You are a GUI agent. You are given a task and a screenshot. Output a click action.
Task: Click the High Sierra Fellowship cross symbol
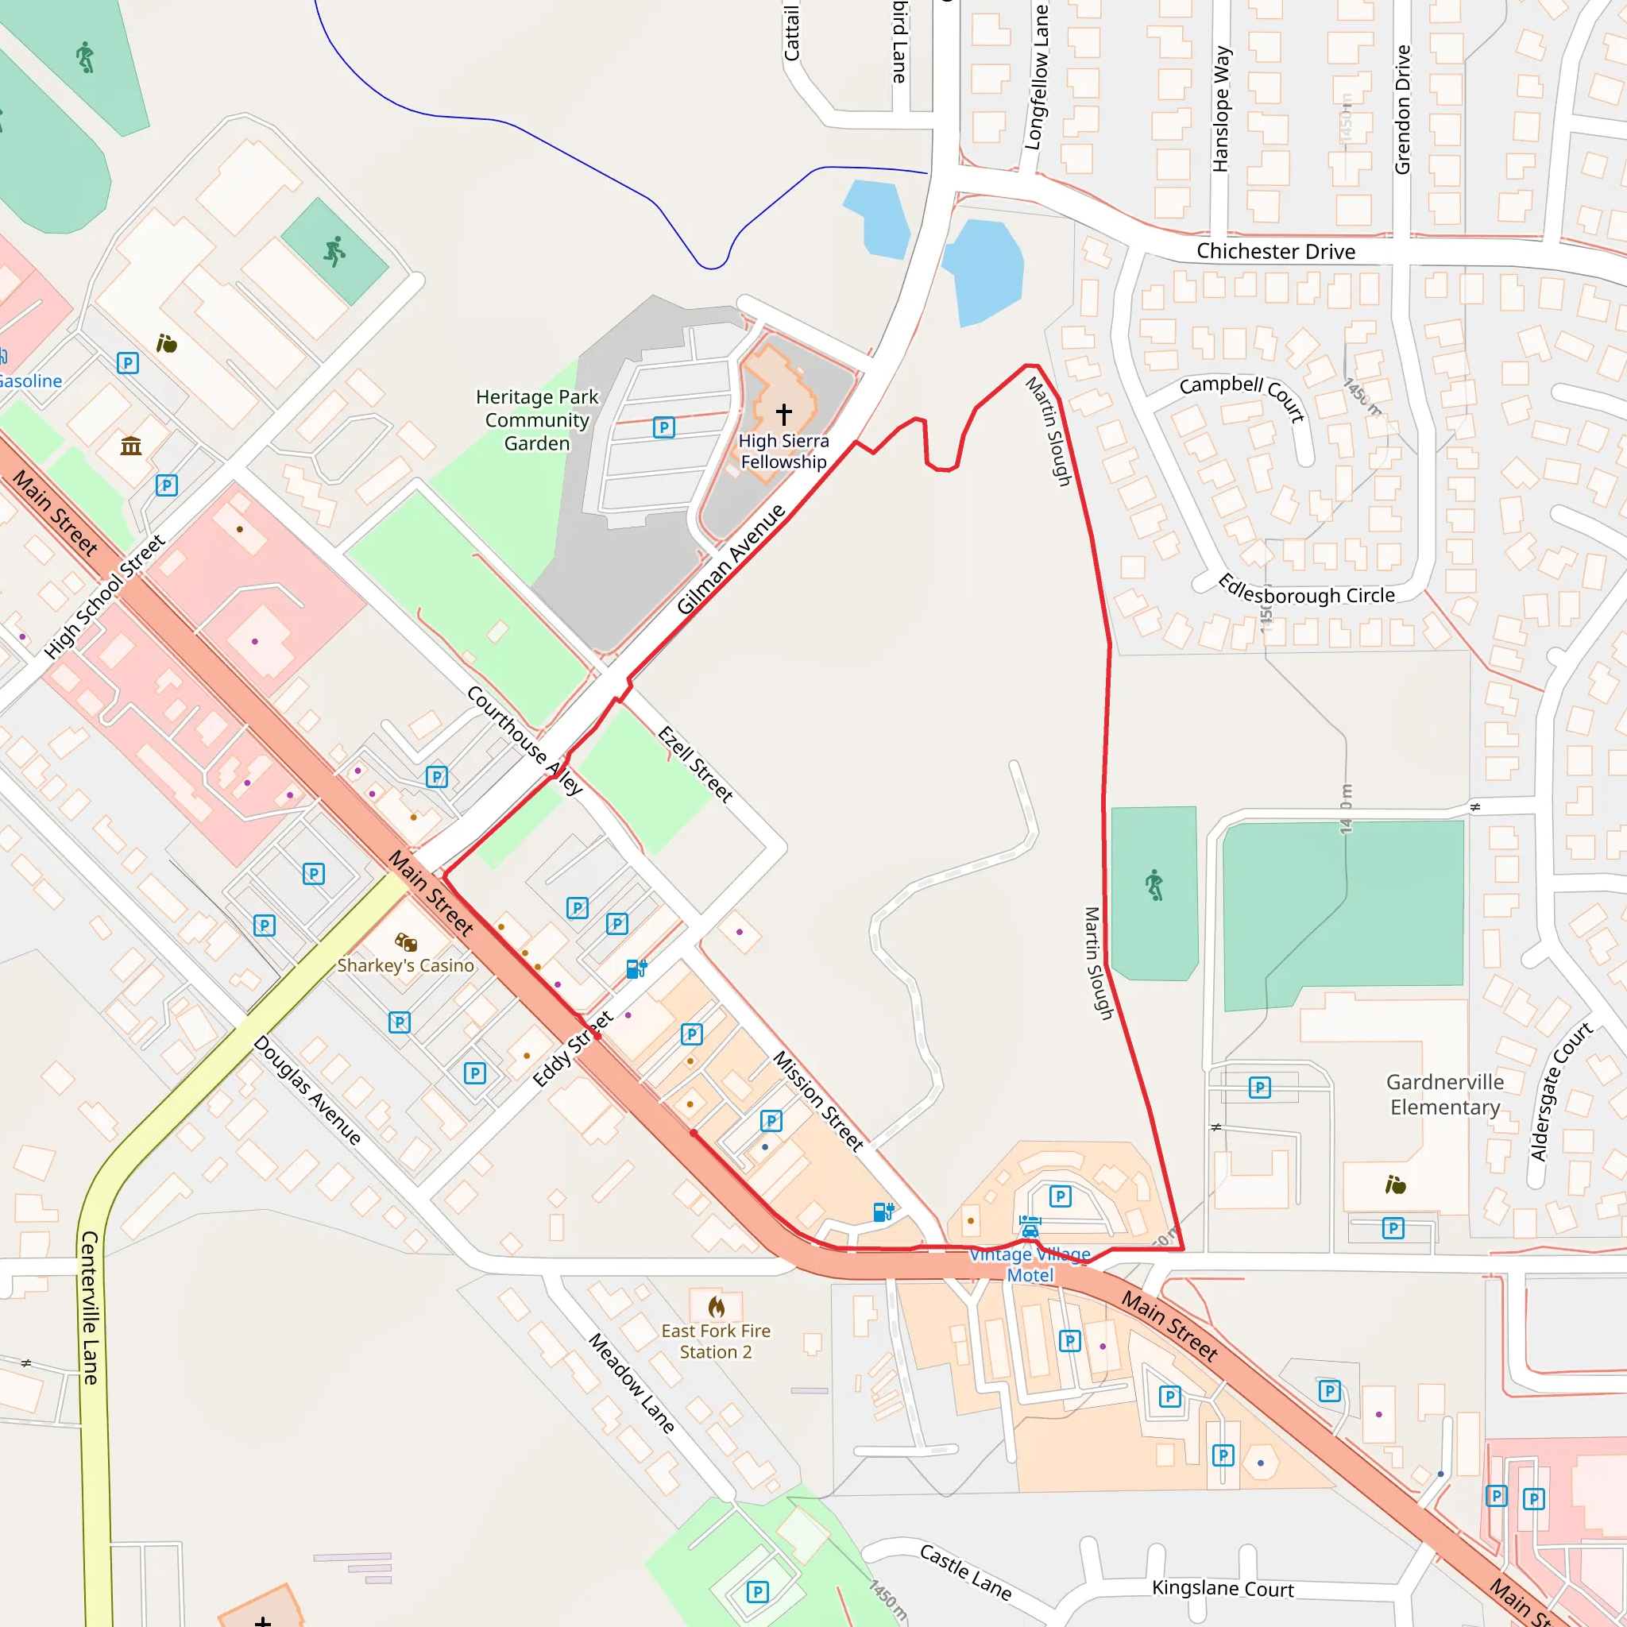[784, 413]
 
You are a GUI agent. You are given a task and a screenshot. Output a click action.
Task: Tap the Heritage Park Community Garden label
[537, 419]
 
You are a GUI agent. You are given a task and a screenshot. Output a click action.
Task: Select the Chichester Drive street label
[1275, 252]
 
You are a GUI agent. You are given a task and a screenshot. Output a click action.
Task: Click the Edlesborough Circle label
[1306, 590]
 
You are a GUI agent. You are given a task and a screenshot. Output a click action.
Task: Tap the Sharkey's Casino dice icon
[406, 941]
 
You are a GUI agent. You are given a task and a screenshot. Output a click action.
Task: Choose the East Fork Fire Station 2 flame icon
[716, 1306]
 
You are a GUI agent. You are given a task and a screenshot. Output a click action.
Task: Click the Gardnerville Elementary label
[1445, 1094]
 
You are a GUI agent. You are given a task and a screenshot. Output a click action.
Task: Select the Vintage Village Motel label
[1030, 1265]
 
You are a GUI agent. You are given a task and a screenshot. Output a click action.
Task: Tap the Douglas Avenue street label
[307, 1091]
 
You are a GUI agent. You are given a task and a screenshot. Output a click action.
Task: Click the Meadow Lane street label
[632, 1383]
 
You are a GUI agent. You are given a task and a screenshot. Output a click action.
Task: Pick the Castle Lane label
[965, 1571]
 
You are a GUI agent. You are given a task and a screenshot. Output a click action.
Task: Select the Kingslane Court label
[1222, 1588]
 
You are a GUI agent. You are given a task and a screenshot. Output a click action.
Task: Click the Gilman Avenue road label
[730, 559]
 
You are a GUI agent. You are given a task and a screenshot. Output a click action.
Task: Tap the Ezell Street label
[695, 763]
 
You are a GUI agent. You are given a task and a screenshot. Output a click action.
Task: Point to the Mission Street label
[818, 1100]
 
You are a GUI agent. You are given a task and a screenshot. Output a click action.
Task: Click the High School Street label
[104, 597]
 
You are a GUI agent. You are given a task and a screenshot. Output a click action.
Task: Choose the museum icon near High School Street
[130, 446]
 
